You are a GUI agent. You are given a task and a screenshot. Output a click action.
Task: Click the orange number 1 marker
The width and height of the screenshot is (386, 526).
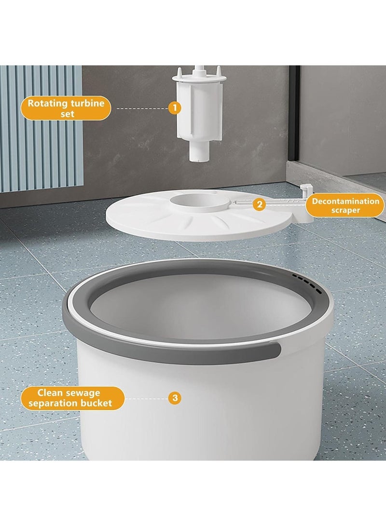pyautogui.click(x=175, y=108)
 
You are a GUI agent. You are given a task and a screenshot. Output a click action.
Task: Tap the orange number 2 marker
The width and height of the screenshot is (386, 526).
pyautogui.click(x=260, y=204)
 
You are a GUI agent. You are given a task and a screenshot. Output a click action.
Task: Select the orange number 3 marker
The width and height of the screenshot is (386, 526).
pyautogui.click(x=175, y=398)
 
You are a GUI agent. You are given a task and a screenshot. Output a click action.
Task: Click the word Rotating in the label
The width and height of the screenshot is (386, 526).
pyautogui.click(x=46, y=103)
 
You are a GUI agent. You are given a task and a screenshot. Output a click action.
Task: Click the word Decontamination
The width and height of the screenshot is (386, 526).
pyautogui.click(x=345, y=201)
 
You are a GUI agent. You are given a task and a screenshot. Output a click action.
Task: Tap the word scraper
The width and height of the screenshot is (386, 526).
pyautogui.click(x=345, y=210)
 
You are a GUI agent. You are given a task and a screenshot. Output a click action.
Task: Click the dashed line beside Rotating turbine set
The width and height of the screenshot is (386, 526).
pyautogui.click(x=140, y=108)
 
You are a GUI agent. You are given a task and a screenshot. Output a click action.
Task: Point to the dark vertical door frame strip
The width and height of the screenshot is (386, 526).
pyautogui.click(x=294, y=121)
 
